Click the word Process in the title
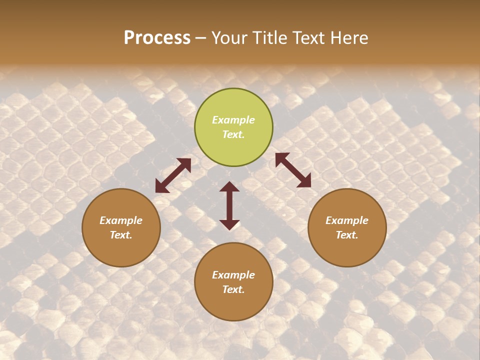coord(157,38)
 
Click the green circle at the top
coord(233,127)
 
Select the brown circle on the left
coord(121,227)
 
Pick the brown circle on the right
coord(347,227)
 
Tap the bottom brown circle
coord(233,281)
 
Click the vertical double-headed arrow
coord(229,205)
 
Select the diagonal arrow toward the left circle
coord(173,175)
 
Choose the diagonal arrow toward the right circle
coord(293,170)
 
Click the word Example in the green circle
coord(233,120)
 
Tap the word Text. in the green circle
coord(233,134)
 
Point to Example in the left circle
coord(121,220)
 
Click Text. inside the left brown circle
coord(121,235)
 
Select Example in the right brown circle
coord(347,220)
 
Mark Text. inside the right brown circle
coord(347,235)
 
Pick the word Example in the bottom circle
coord(233,275)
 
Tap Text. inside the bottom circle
coord(233,289)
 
